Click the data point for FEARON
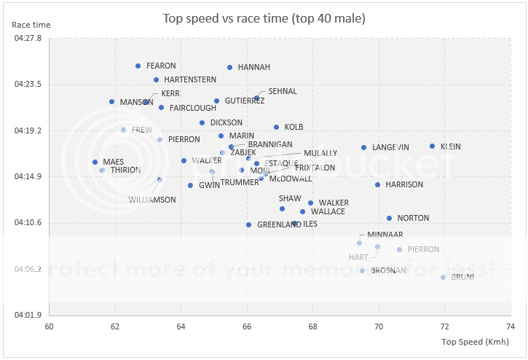click(x=138, y=66)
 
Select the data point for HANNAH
click(x=229, y=67)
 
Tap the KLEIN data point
click(x=432, y=146)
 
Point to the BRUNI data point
click(x=443, y=277)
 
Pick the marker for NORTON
click(x=389, y=218)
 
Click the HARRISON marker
click(x=377, y=184)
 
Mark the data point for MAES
click(x=95, y=162)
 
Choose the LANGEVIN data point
click(x=363, y=147)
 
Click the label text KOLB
click(x=293, y=128)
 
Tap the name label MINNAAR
click(x=384, y=235)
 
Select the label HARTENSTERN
click(x=190, y=79)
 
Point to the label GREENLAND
click(x=279, y=224)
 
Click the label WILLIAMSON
click(x=152, y=200)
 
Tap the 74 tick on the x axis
click(x=509, y=326)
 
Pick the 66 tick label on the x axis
click(x=247, y=326)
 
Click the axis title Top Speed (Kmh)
click(x=474, y=342)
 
